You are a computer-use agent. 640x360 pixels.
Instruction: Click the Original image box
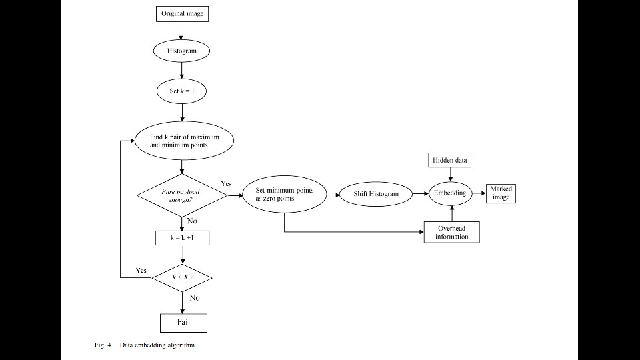click(x=182, y=13)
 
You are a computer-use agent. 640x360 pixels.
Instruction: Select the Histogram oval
click(x=182, y=51)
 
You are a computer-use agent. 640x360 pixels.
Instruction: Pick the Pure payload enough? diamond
click(x=181, y=195)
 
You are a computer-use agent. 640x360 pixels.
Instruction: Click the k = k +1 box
click(x=182, y=237)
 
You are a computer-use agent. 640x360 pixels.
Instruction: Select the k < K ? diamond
click(x=182, y=276)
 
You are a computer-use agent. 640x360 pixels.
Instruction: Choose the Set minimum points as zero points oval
click(x=285, y=194)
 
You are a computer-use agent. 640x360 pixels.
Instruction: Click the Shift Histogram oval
click(x=376, y=194)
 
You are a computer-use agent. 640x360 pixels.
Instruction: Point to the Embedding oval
click(x=451, y=193)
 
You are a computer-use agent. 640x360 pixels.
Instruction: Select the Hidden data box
click(x=451, y=160)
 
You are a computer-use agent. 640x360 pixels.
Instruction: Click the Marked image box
click(x=501, y=193)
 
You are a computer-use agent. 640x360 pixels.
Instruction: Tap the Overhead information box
click(x=451, y=232)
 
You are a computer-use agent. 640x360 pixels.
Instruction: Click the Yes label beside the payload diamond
click(x=227, y=183)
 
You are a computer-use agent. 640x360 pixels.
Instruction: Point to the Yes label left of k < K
click(x=141, y=271)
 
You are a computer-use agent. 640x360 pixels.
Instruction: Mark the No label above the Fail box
click(x=194, y=298)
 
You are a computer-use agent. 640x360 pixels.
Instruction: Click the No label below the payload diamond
click(x=191, y=220)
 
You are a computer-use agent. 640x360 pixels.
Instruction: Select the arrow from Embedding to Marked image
click(x=479, y=193)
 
